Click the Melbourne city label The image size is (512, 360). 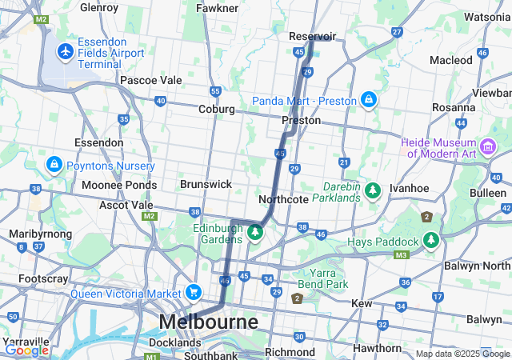209,322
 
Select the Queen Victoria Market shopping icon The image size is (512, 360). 193,292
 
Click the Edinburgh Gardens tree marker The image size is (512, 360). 254,232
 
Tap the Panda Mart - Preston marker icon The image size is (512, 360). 368,100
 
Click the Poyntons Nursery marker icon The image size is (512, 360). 54,165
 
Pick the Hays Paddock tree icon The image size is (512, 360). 431,241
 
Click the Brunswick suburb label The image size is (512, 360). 206,184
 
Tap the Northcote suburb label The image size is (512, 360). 284,199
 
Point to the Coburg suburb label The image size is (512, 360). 216,109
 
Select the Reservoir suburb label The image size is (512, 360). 312,36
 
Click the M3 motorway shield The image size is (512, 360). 401,255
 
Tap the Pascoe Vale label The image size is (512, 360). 150,81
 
